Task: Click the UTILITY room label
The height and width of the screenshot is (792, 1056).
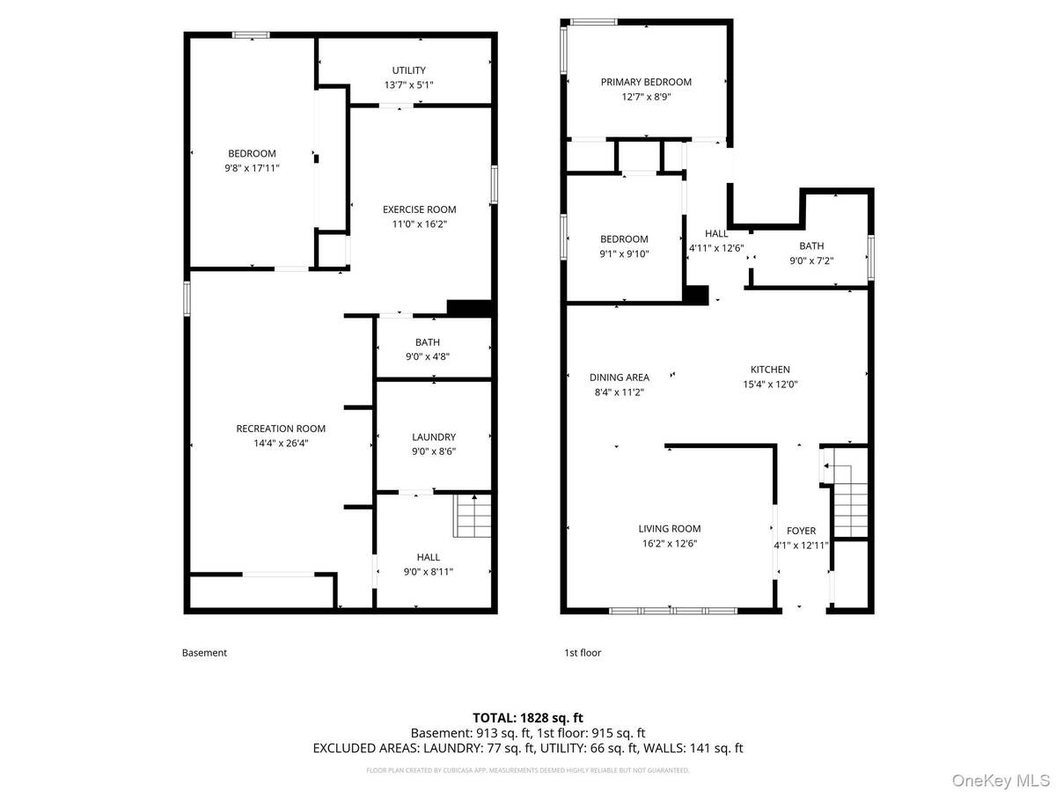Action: pos(408,70)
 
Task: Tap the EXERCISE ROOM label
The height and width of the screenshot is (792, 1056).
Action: pos(419,209)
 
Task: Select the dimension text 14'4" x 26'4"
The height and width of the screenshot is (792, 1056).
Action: pos(281,444)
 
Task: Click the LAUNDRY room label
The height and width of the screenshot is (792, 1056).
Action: pos(434,437)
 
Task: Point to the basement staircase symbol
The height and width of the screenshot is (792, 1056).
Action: pos(473,516)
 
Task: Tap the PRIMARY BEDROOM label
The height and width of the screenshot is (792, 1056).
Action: pos(646,82)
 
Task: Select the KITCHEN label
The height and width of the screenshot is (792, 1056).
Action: pos(770,370)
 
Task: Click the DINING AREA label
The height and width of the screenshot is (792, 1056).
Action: pos(620,378)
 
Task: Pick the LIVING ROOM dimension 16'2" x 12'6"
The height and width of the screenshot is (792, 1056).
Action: pos(670,544)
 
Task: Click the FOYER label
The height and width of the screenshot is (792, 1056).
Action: pos(801,531)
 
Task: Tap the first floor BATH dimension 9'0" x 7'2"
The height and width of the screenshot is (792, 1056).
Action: pos(811,261)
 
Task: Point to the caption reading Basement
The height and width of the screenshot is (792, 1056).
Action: pos(204,653)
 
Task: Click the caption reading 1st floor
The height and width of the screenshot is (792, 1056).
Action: pos(583,653)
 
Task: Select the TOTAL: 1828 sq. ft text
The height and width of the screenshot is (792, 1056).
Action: pos(528,717)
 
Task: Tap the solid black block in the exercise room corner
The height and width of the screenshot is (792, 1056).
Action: pos(469,308)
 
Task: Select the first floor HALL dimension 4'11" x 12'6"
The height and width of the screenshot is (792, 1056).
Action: pos(716,248)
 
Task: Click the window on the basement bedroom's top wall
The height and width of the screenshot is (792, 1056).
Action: pos(251,35)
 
